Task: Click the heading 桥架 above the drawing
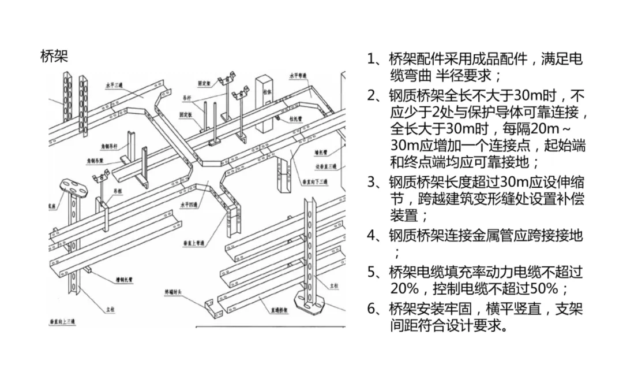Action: (x=54, y=56)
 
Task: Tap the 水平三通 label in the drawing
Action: (x=115, y=84)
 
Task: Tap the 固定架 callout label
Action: (x=204, y=83)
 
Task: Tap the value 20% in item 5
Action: (x=404, y=288)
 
